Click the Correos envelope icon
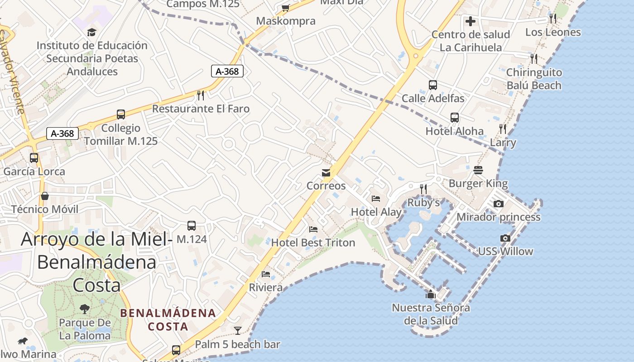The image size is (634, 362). pos(326,172)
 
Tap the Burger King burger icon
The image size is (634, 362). pos(478,170)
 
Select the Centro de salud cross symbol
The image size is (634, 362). pos(471,21)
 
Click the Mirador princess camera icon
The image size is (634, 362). pos(498,204)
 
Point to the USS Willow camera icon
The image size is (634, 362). pos(505,238)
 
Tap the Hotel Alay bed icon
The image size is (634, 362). pos(376,198)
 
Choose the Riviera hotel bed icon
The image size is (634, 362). pos(266,274)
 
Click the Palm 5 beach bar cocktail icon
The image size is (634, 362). pos(237,330)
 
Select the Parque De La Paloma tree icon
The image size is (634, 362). pos(85,309)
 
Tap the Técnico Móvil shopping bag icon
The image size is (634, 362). pos(45,196)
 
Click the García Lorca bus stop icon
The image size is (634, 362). pos(34,158)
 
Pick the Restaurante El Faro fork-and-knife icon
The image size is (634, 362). pos(201,95)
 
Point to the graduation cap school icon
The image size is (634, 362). pos(92,32)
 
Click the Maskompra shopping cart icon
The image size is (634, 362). pos(285,8)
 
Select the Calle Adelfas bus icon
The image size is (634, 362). pos(433,85)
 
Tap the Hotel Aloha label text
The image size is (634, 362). pos(454,131)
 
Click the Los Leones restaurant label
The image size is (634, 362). pos(552,32)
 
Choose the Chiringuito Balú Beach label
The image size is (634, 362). pos(533,79)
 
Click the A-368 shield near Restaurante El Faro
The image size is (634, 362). pos(227,71)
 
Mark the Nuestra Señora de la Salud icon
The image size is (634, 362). pos(430,295)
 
